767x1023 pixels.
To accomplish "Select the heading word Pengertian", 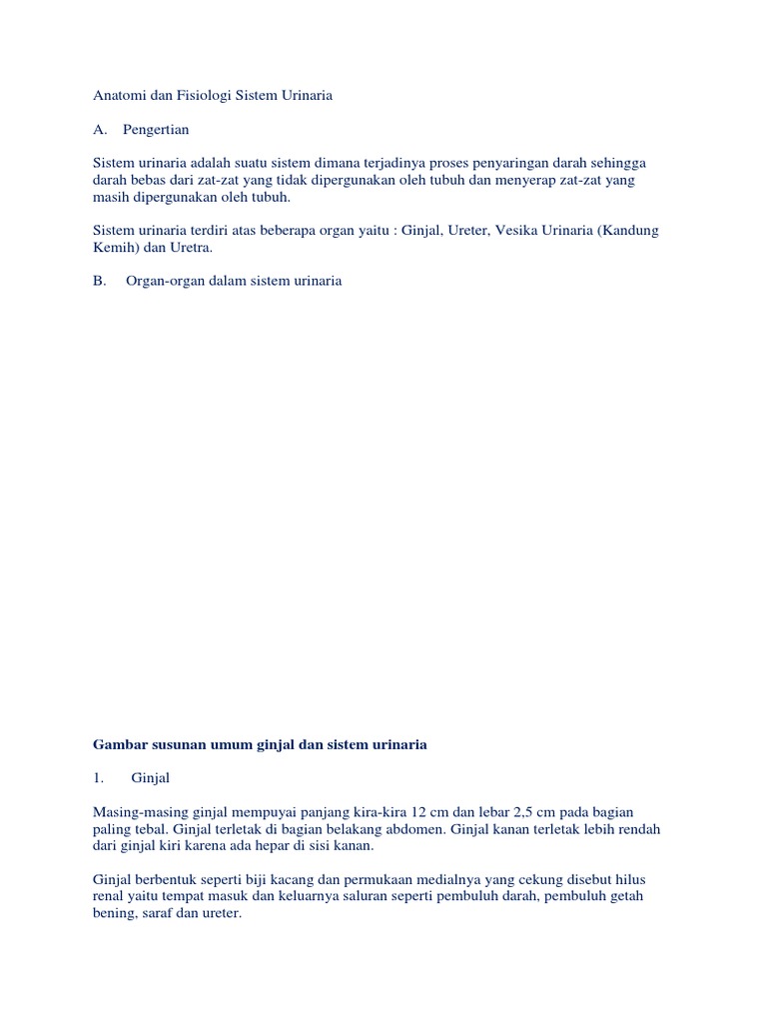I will (156, 130).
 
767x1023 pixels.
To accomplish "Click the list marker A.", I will (98, 130).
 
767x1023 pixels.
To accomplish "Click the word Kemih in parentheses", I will (114, 248).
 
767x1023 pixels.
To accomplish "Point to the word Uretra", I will (191, 248).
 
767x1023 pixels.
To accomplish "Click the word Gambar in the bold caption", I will (118, 744).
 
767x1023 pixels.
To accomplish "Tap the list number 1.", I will (97, 778).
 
